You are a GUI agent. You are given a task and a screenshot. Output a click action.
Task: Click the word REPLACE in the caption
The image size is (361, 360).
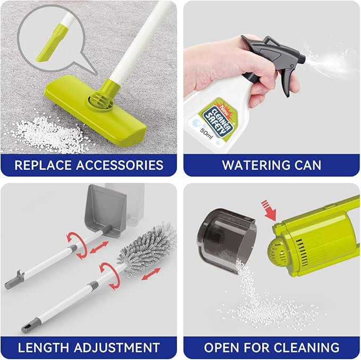point(43,165)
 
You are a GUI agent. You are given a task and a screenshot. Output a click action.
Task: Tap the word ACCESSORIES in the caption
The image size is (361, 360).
point(120,165)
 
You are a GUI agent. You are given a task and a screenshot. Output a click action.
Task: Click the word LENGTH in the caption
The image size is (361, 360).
point(44,347)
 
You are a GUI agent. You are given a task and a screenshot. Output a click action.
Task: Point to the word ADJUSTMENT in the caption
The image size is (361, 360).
point(117,347)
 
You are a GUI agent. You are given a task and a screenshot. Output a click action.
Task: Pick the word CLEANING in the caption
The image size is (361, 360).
point(307,347)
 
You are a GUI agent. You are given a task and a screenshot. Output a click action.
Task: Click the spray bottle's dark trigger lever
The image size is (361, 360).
point(287,81)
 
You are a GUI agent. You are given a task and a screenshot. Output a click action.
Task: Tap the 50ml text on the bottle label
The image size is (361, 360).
point(206,133)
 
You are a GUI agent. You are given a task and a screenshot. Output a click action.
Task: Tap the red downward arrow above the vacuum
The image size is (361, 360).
point(269,210)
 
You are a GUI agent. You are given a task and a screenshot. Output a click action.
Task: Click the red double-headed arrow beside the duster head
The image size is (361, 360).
point(150,274)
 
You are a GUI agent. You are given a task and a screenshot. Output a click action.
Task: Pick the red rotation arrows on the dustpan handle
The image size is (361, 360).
point(77,245)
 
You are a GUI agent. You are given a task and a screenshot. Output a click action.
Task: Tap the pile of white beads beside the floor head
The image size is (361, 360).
point(49,134)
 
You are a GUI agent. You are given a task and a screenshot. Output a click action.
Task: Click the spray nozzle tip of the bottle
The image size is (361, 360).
point(303,58)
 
